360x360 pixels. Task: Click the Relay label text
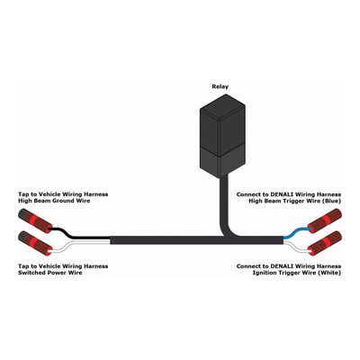pyautogui.click(x=220, y=86)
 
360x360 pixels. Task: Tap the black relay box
pyautogui.click(x=222, y=135)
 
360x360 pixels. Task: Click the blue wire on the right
pyautogui.click(x=296, y=232)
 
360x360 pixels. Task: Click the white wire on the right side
pyautogui.click(x=296, y=245)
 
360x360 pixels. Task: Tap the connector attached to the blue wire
pyautogui.click(x=325, y=221)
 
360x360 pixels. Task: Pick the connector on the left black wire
pyautogui.click(x=35, y=221)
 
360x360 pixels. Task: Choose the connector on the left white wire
pyautogui.click(x=35, y=243)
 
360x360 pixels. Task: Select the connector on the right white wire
pyautogui.click(x=325, y=243)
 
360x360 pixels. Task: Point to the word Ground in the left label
pyautogui.click(x=63, y=201)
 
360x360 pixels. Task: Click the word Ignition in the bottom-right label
pyautogui.click(x=265, y=273)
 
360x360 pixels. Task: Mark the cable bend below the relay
pyautogui.click(x=227, y=231)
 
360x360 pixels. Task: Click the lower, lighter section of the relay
pyautogui.click(x=222, y=159)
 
